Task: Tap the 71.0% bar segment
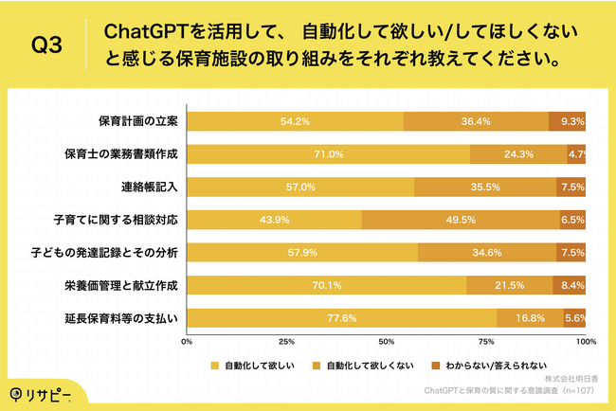(328, 153)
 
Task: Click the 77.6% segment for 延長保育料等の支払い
(342, 317)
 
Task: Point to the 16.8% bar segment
(530, 317)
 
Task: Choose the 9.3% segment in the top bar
(571, 121)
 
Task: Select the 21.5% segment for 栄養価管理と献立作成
(509, 284)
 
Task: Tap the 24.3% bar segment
(518, 153)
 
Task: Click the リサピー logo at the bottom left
(45, 393)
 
